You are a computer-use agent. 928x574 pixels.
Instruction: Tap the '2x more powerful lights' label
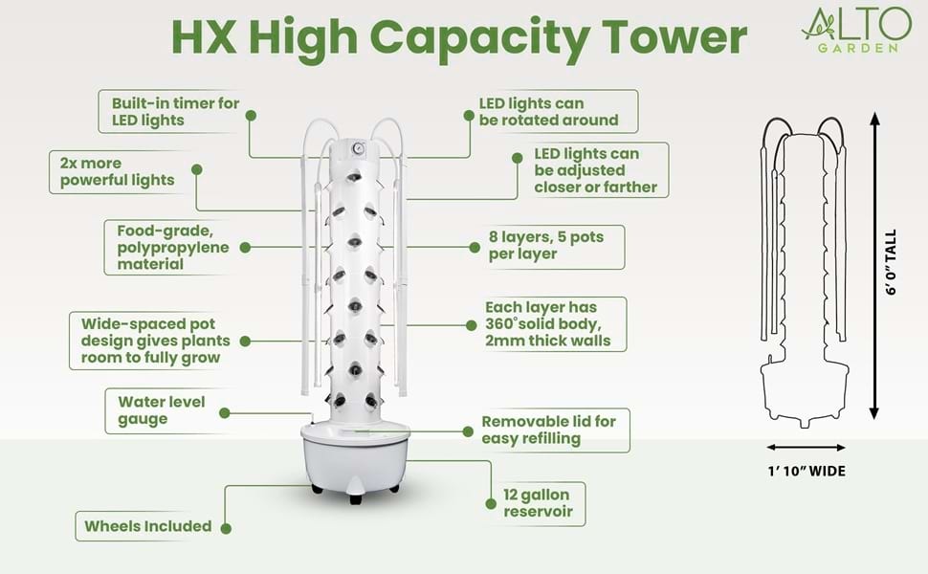pyautogui.click(x=117, y=171)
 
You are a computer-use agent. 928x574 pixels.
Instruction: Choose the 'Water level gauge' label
pyautogui.click(x=161, y=410)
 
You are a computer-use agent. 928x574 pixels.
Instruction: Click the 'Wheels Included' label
pyautogui.click(x=147, y=526)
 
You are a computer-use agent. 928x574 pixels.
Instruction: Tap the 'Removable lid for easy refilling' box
pyautogui.click(x=549, y=430)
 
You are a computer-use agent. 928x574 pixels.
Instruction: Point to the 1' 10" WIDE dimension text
pyautogui.click(x=806, y=471)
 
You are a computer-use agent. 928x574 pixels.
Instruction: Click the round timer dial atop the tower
pyautogui.click(x=354, y=149)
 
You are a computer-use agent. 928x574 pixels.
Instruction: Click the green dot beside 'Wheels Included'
pyautogui.click(x=226, y=526)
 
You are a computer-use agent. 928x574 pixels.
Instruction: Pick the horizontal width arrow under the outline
pyautogui.click(x=806, y=447)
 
